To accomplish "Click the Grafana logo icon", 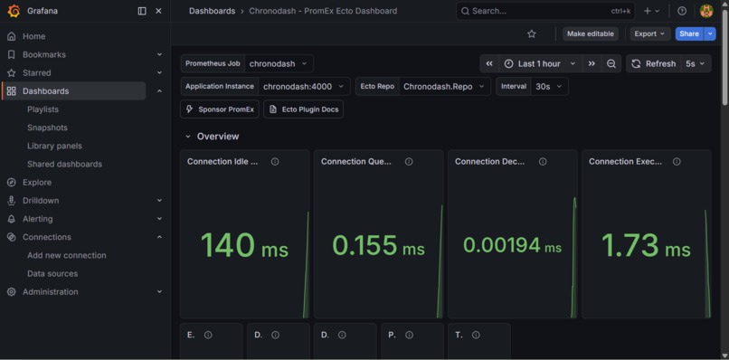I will (x=13, y=11).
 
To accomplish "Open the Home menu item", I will (x=33, y=36).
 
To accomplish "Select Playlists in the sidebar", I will (x=43, y=109).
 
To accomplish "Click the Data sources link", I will (x=52, y=273).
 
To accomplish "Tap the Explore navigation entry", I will (x=37, y=182).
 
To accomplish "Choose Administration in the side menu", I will (x=50, y=291).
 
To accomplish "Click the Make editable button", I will (x=590, y=33).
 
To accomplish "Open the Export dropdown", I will (x=649, y=33).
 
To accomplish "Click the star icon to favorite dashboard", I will (x=532, y=33).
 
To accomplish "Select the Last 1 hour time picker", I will (x=540, y=63).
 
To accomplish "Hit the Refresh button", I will (x=654, y=63).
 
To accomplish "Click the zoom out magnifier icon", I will (x=611, y=63).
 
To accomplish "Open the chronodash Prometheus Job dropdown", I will (x=279, y=63).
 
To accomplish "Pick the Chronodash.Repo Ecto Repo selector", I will (x=444, y=86).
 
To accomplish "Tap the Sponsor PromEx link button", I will (x=220, y=109).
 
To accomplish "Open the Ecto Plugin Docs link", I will (x=303, y=109).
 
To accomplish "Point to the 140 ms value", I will (x=244, y=245).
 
